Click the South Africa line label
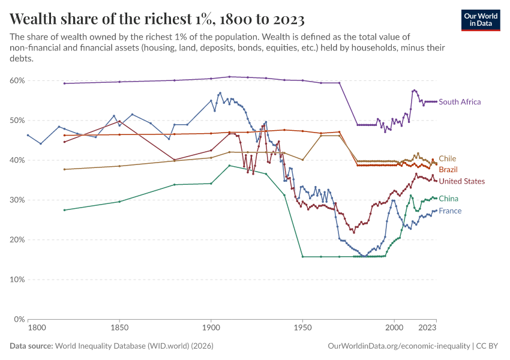(x=460, y=102)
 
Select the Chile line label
(x=447, y=159)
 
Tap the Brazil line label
(x=448, y=170)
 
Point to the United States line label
(x=461, y=181)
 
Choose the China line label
(x=448, y=199)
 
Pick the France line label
(x=450, y=211)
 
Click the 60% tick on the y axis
(x=17, y=80)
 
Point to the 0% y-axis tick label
(x=19, y=319)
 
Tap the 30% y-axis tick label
(x=17, y=200)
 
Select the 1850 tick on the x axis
(x=119, y=328)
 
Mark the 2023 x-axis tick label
(x=427, y=328)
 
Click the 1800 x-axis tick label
(x=37, y=328)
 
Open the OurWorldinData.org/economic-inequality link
(x=398, y=346)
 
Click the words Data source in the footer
(x=31, y=346)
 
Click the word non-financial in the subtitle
(x=37, y=48)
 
